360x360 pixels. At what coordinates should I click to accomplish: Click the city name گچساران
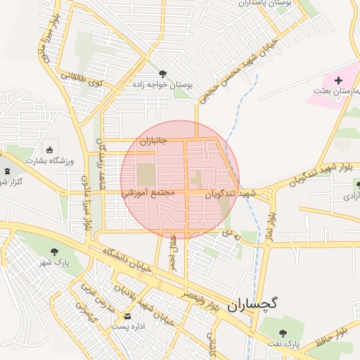[252, 304]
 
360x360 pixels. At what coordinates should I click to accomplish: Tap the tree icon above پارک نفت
[283, 333]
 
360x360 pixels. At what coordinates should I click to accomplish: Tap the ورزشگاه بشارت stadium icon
[49, 150]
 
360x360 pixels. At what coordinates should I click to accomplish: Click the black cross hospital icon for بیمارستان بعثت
[338, 81]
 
